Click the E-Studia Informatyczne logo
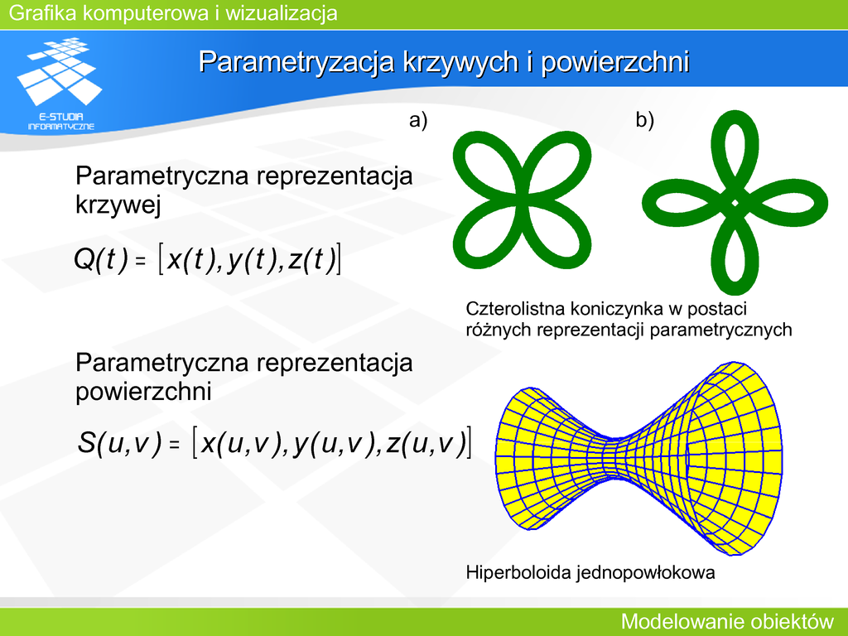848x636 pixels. point(60,84)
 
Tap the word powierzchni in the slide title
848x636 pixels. point(615,61)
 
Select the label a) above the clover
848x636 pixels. point(418,120)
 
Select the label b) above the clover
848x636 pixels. point(644,120)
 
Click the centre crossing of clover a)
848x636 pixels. point(522,200)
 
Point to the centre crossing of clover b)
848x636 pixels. point(735,203)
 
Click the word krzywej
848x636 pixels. point(118,205)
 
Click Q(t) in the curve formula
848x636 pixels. point(101,259)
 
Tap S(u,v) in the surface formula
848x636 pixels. point(119,443)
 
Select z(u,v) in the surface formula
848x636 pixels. point(426,443)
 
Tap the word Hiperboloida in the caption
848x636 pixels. point(518,572)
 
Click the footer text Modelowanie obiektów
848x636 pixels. point(727,621)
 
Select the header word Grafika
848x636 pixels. point(43,13)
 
